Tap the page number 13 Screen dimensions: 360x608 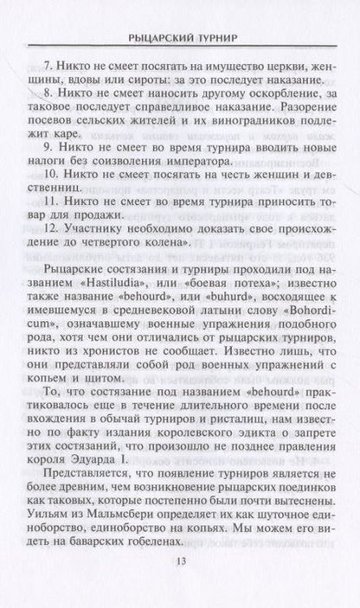180,588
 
